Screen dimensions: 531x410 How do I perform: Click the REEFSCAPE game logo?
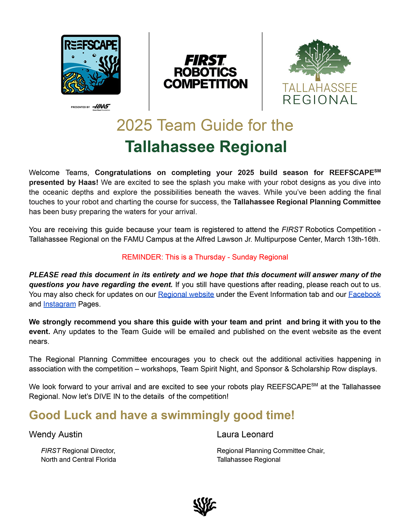[91, 65]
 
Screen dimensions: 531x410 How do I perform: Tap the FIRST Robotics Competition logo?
[205, 72]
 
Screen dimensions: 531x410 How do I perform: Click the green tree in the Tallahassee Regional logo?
[319, 59]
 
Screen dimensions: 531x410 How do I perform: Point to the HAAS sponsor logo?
[101, 107]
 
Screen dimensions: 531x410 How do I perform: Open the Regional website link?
[186, 294]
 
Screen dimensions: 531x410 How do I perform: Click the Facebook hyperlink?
[364, 294]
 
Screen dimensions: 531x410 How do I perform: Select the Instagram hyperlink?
[59, 304]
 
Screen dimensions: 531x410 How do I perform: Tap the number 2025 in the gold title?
[134, 125]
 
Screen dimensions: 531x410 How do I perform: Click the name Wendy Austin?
[56, 434]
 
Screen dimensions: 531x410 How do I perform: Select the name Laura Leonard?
[245, 434]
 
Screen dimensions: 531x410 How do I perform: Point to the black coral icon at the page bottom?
[205, 506]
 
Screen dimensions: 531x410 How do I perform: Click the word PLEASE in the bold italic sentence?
[44, 275]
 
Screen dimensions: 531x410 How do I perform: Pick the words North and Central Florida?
[79, 460]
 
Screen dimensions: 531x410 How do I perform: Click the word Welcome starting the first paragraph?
[44, 173]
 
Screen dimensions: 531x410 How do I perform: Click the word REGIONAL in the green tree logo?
[320, 100]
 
